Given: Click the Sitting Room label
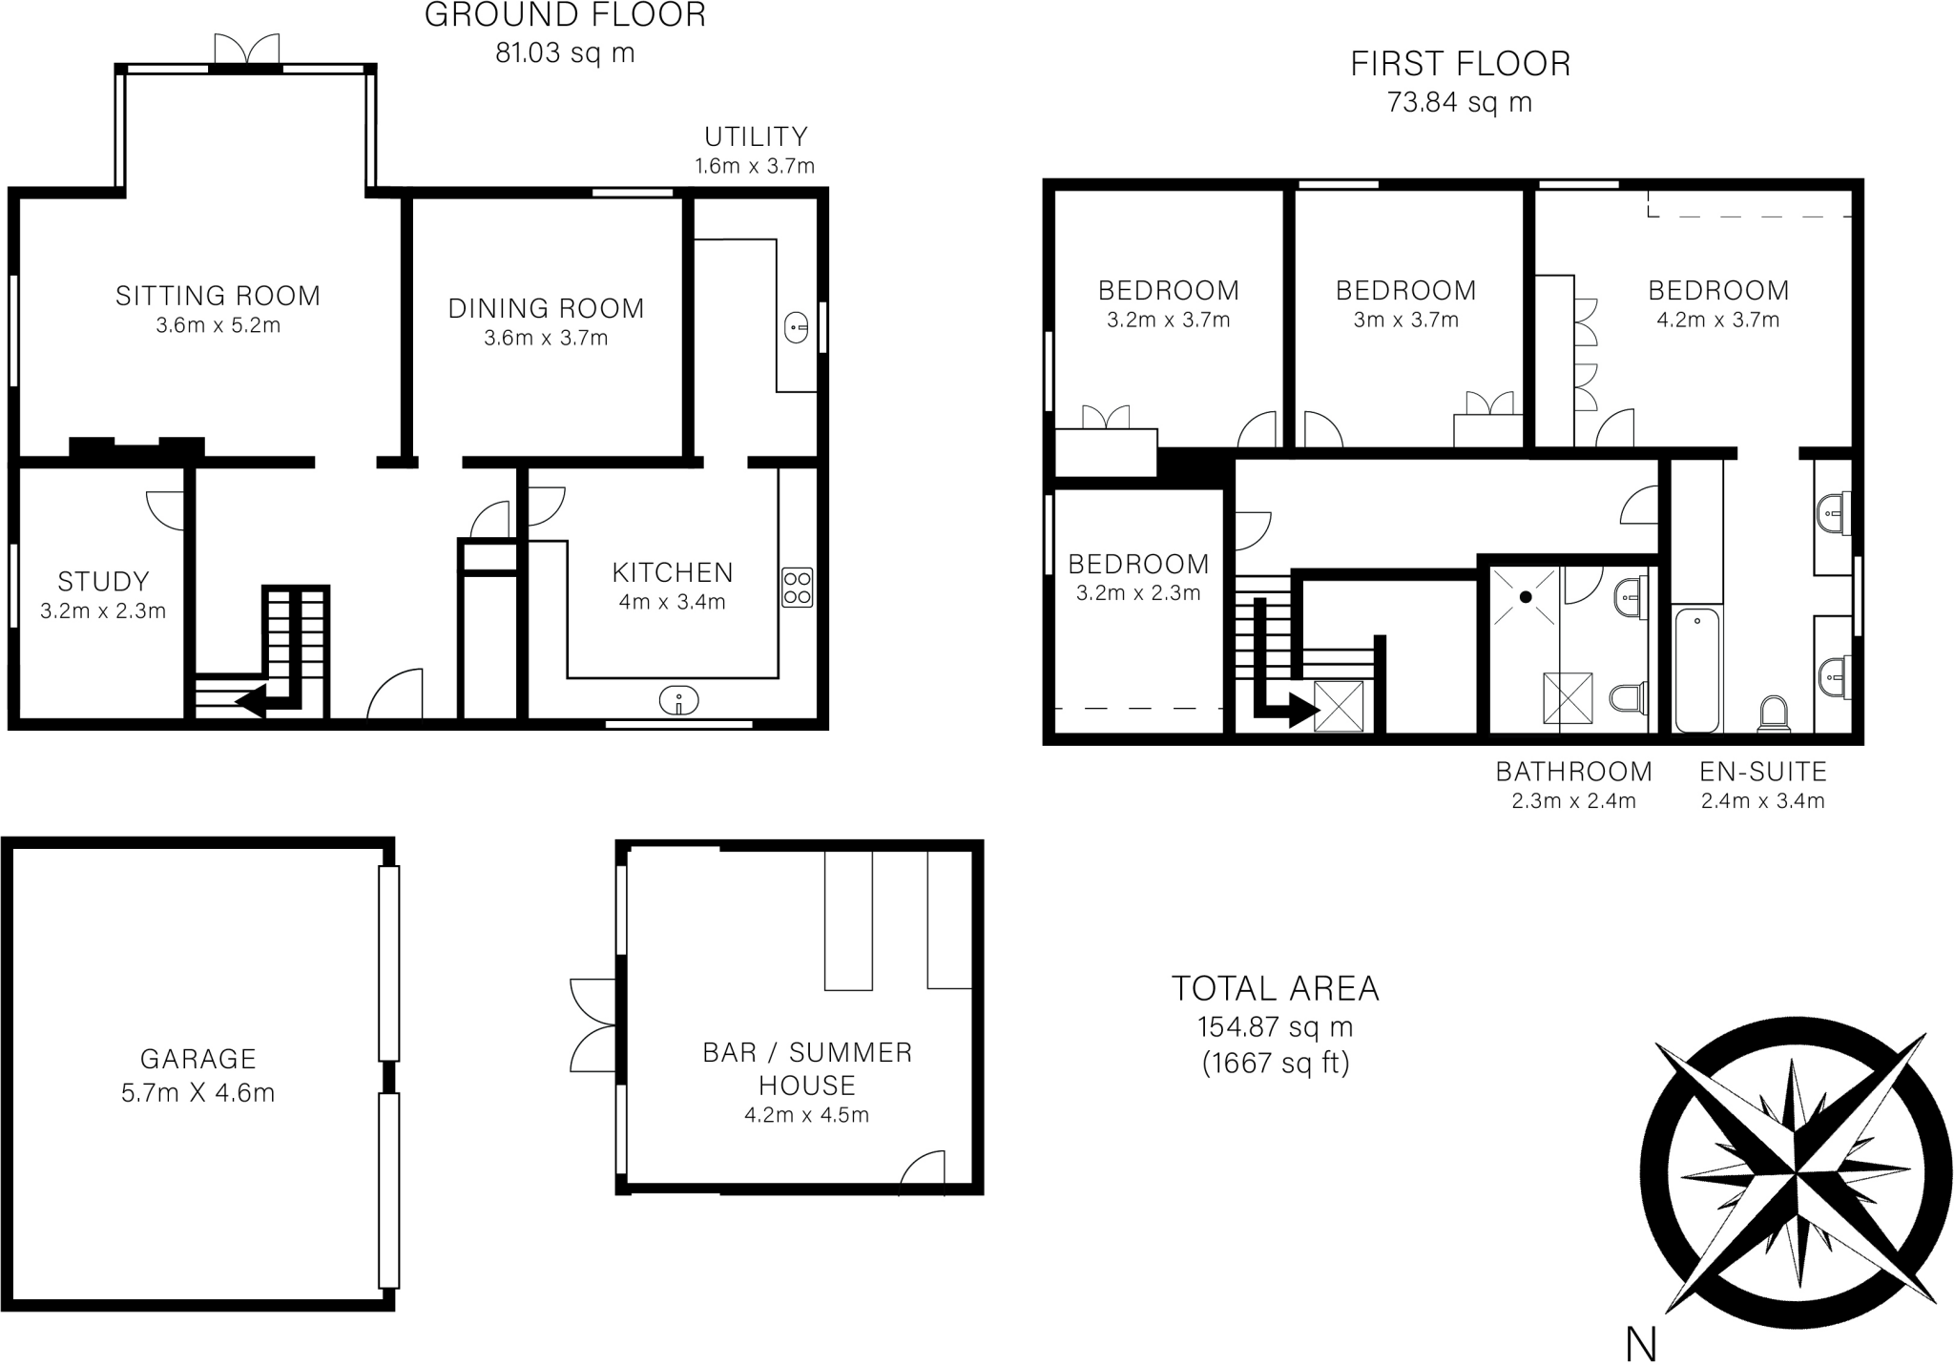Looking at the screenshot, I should coord(218,296).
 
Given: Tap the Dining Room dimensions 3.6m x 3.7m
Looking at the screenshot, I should coord(546,338).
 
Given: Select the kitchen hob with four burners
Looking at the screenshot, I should coord(797,588).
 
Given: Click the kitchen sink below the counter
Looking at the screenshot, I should coord(678,702).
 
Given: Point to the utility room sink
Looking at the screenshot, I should coord(795,329).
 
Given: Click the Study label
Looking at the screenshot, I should coord(103,582).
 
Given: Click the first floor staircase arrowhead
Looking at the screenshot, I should coord(1303,709).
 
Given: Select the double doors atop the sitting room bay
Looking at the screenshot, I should coord(247,50).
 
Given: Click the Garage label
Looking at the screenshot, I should coord(198,1059).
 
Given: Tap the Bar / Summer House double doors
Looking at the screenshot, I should coord(592,1025).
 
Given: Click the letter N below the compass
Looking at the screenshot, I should coord(1640,1345).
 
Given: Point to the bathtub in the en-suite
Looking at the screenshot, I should coord(1697,670).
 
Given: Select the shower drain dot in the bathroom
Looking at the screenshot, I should coord(1526,597).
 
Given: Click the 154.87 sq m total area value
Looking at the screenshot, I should coord(1275,1027).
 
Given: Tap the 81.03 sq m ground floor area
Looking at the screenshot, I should coord(565,53).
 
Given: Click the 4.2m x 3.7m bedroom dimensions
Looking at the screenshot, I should coord(1717,321).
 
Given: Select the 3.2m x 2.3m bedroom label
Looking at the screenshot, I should coord(1138,564).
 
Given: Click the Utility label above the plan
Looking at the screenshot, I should coord(756,136).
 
